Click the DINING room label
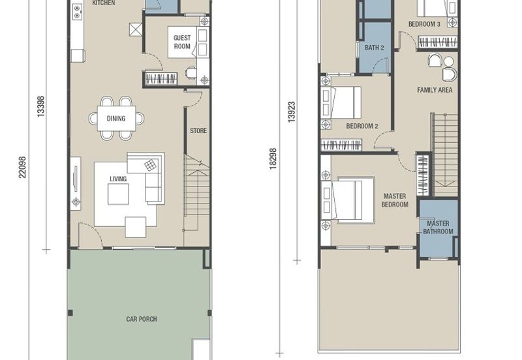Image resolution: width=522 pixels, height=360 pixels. click(x=116, y=119)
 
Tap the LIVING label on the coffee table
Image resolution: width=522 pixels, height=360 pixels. click(x=118, y=179)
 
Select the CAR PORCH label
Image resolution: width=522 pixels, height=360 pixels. click(x=142, y=319)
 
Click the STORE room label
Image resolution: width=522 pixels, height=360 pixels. click(x=198, y=130)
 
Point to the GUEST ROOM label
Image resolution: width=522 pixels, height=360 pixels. click(x=182, y=42)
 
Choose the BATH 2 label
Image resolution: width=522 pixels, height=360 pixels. click(x=374, y=48)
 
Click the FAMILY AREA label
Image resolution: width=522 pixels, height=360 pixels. click(x=435, y=90)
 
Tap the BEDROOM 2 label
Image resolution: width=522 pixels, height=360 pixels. click(x=362, y=126)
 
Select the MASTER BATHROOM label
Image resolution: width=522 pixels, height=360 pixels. click(x=438, y=227)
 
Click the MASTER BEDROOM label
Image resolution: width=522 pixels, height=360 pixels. click(x=395, y=200)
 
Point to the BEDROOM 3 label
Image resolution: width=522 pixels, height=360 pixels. click(x=425, y=24)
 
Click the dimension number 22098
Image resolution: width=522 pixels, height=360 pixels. click(x=22, y=168)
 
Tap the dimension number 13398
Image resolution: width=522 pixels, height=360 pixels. click(x=40, y=106)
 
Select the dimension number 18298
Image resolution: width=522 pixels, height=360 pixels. click(x=273, y=159)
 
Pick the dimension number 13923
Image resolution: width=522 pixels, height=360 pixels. click(x=292, y=112)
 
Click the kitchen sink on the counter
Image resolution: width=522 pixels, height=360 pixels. click(x=77, y=12)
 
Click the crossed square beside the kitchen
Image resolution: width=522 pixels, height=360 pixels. click(x=136, y=29)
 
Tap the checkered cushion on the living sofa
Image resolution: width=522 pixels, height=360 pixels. click(x=151, y=165)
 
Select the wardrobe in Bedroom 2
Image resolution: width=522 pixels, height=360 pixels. click(x=341, y=145)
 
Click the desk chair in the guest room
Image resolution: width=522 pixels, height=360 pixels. click(x=191, y=72)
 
